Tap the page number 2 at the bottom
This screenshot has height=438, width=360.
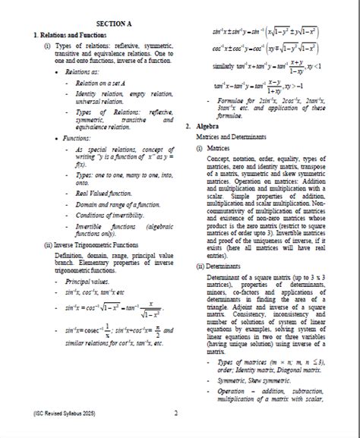pos(175,414)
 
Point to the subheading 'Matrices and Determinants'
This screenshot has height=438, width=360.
pos(230,137)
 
